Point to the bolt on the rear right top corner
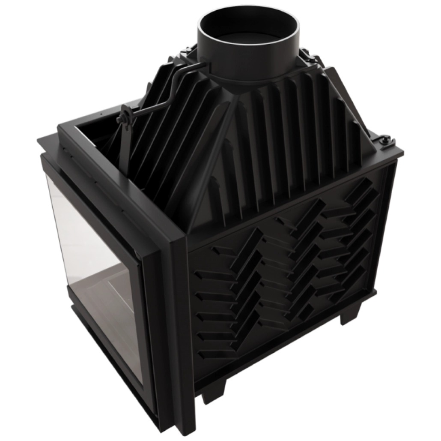(384, 141)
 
